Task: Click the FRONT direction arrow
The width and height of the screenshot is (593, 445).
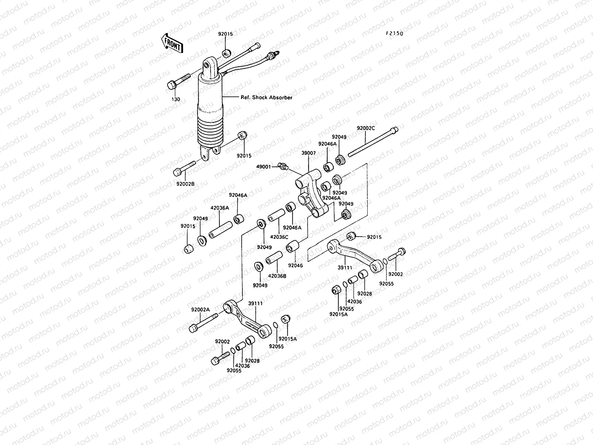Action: pyautogui.click(x=172, y=43)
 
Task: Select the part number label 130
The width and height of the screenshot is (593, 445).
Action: pyautogui.click(x=176, y=99)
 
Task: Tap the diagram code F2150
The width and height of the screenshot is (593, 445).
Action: pyautogui.click(x=394, y=33)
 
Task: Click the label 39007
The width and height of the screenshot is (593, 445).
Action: pyautogui.click(x=308, y=153)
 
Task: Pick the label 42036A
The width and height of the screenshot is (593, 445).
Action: pyautogui.click(x=221, y=208)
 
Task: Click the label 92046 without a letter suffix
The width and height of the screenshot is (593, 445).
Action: pyautogui.click(x=295, y=266)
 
